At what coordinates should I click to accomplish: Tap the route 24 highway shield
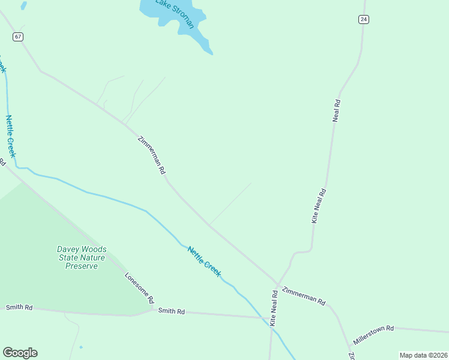pyautogui.click(x=364, y=19)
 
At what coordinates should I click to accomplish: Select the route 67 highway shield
pyautogui.click(x=18, y=37)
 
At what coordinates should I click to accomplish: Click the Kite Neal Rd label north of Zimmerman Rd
pyautogui.click(x=318, y=206)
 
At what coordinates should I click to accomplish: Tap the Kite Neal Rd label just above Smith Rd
pyautogui.click(x=274, y=308)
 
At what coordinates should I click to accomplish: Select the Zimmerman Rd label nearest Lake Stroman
pyautogui.click(x=151, y=155)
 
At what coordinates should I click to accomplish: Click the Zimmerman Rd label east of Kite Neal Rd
pyautogui.click(x=303, y=294)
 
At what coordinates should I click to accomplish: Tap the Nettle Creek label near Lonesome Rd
pyautogui.click(x=204, y=262)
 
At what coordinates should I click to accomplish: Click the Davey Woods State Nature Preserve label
pyautogui.click(x=82, y=257)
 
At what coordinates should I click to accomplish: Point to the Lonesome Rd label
pyautogui.click(x=139, y=287)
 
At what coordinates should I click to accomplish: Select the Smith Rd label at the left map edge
pyautogui.click(x=19, y=307)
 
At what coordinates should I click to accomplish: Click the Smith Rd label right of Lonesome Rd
pyautogui.click(x=171, y=311)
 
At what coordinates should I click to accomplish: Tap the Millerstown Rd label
pyautogui.click(x=373, y=335)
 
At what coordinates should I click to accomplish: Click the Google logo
pyautogui.click(x=20, y=353)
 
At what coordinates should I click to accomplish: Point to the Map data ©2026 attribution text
pyautogui.click(x=423, y=355)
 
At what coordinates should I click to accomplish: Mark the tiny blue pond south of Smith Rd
pyautogui.click(x=80, y=347)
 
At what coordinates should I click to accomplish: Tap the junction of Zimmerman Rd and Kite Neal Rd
pyautogui.click(x=278, y=284)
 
